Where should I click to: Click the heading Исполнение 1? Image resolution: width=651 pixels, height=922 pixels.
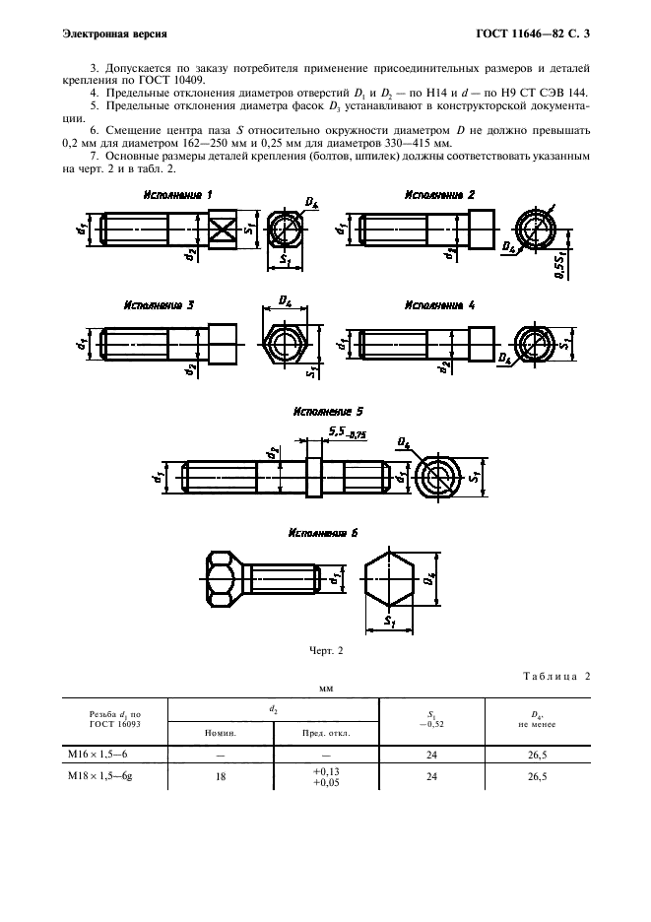click(178, 196)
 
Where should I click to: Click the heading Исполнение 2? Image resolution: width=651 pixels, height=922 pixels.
click(439, 196)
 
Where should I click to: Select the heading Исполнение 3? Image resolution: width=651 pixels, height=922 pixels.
click(160, 305)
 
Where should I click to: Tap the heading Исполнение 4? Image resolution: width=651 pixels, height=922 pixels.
click(439, 305)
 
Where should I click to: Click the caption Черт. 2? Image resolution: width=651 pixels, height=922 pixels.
click(324, 648)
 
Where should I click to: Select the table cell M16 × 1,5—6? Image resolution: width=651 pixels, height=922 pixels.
click(101, 754)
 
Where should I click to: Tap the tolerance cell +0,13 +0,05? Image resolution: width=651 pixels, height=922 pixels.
click(326, 776)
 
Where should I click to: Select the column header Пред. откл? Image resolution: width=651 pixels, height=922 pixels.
click(326, 733)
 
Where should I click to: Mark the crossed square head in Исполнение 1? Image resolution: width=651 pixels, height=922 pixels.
click(223, 232)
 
